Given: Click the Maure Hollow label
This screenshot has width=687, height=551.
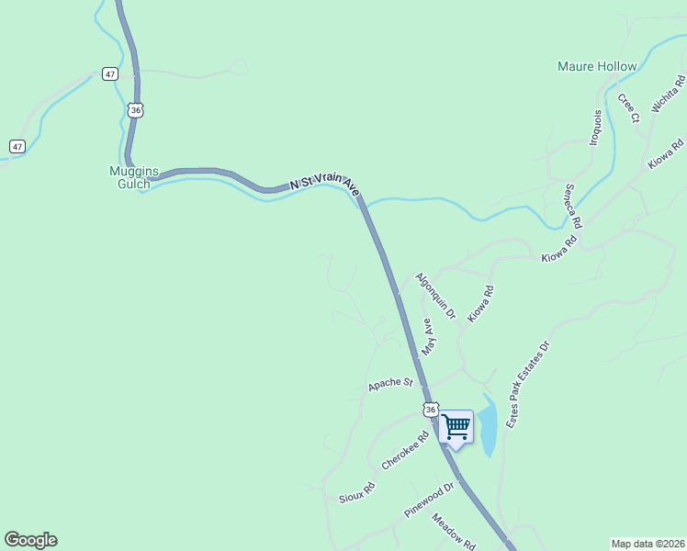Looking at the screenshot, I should pos(597,67).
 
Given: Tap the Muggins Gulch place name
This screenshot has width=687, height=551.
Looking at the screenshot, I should pos(134,177).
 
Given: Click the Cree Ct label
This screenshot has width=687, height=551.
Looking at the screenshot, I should pos(628,107).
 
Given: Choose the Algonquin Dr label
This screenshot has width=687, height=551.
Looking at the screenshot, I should pos(435,296).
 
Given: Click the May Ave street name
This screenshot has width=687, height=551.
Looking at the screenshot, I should pos(427,337).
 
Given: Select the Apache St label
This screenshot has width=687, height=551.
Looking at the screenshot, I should pos(391,384).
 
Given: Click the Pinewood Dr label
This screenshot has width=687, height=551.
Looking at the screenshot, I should pos(430,500).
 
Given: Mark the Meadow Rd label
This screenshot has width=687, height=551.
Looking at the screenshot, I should pos(453,531).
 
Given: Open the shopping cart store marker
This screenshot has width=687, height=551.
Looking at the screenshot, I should pos(456,427).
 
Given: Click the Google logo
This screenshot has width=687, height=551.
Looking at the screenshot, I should pos(30,540).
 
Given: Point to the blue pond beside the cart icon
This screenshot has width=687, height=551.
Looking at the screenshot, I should pos(488,427).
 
